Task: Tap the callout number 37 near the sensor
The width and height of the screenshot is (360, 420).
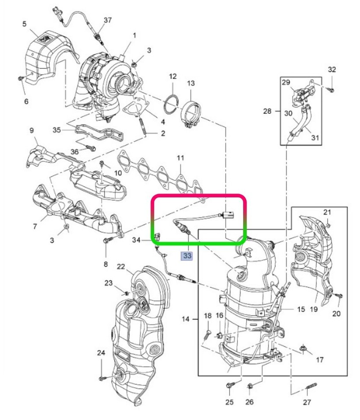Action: tap(108, 20)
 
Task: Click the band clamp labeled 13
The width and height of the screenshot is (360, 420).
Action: tap(191, 115)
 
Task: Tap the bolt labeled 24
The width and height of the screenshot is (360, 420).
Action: tap(102, 377)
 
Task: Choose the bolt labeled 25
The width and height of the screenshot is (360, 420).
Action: tap(230, 385)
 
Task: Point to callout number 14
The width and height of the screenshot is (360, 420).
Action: tap(185, 319)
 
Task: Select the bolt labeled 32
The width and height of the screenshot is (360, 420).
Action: tap(331, 90)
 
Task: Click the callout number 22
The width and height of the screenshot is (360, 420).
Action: tap(121, 267)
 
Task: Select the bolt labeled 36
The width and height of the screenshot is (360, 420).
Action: tap(91, 147)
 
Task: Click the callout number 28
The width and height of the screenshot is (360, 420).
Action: tap(267, 111)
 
